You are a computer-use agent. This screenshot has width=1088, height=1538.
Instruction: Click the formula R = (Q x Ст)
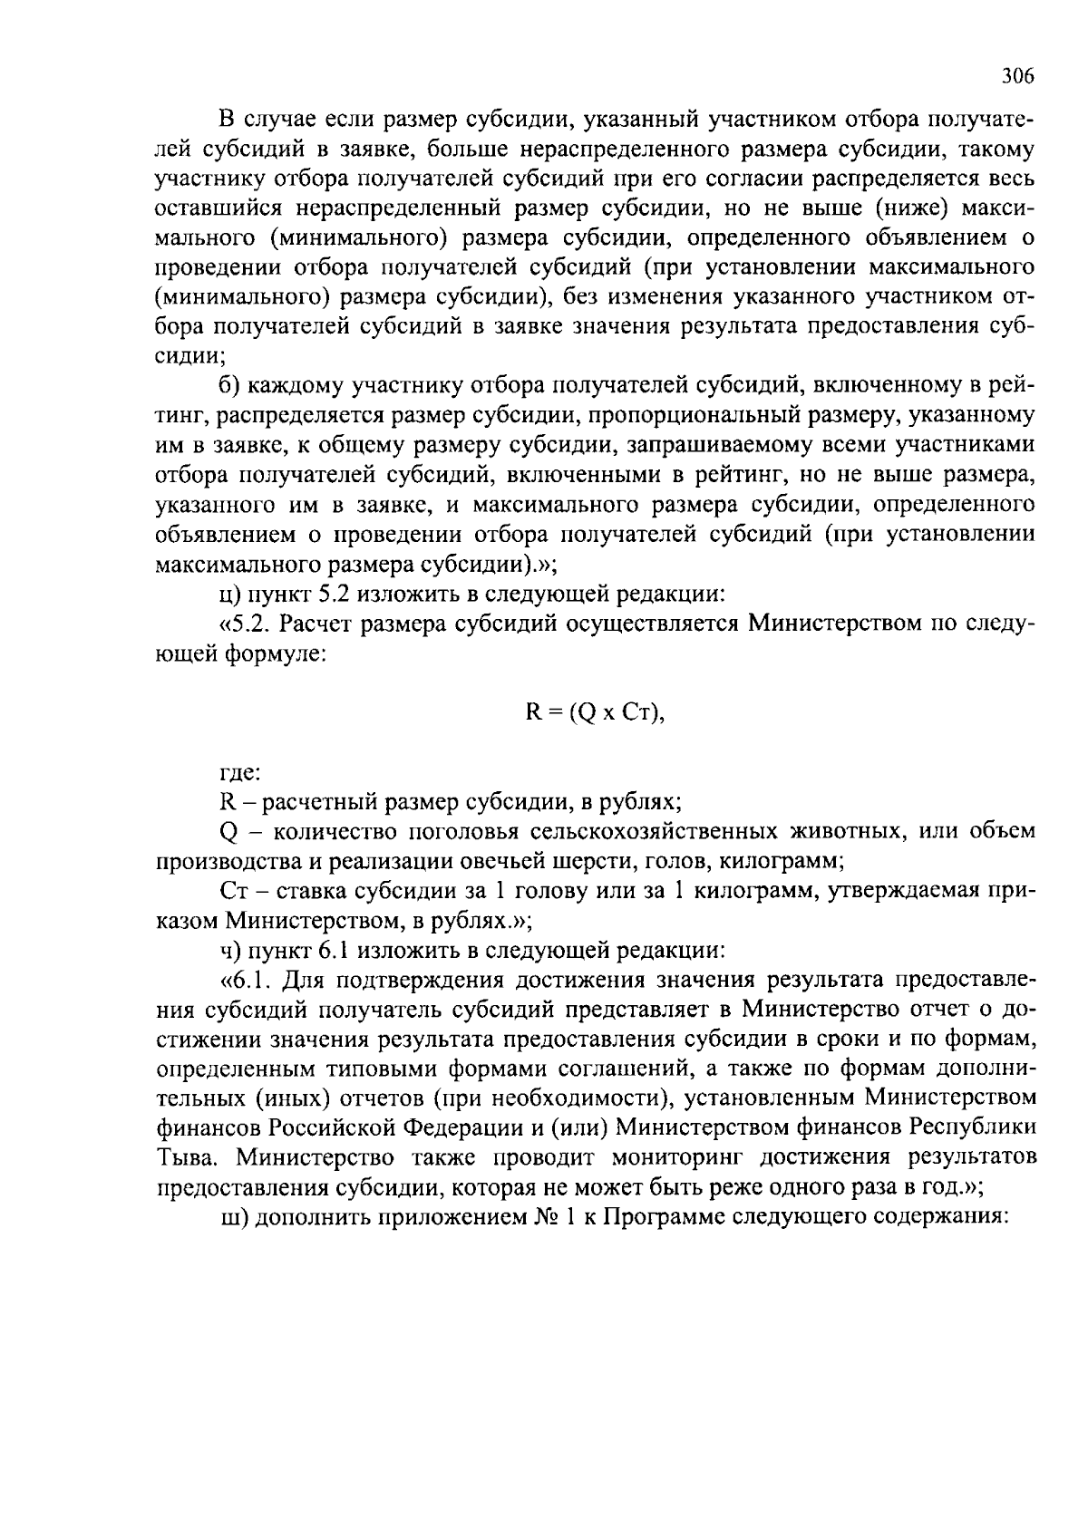pyautogui.click(x=596, y=712)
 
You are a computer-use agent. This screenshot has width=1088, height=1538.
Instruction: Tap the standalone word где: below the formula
pyautogui.click(x=240, y=773)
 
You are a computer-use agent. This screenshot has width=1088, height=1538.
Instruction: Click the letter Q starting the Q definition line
pyautogui.click(x=228, y=832)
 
